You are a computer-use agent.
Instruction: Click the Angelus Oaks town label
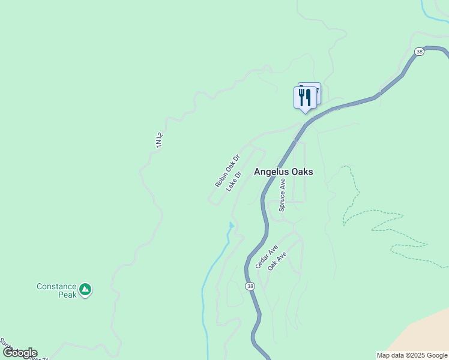[x=283, y=172]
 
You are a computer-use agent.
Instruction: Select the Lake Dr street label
[x=234, y=182]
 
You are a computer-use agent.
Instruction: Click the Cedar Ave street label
[x=266, y=257]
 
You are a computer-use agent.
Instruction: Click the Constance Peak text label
[x=56, y=290]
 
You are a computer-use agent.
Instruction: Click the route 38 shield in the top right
[x=419, y=52]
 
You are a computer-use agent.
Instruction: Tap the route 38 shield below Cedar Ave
[x=250, y=286]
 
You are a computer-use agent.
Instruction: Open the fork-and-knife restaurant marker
[x=305, y=97]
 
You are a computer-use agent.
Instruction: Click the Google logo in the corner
[x=20, y=353]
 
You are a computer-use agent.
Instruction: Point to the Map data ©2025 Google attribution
[x=412, y=355]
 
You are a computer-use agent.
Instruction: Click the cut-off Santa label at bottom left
[x=7, y=346]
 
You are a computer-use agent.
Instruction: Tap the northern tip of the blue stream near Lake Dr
[x=231, y=224]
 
